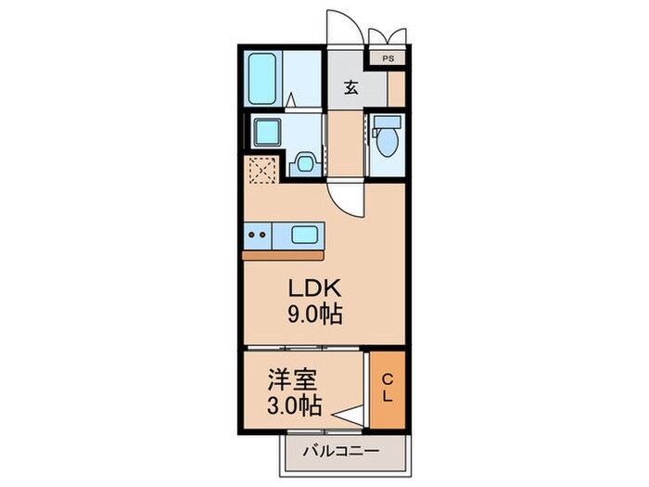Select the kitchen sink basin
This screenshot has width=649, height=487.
point(304,234)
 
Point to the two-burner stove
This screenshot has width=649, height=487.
point(259,234)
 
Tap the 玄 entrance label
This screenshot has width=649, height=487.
point(352,88)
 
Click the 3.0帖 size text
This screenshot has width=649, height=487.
point(293,405)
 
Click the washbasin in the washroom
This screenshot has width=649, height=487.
point(267,132)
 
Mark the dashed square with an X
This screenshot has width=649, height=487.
point(260,171)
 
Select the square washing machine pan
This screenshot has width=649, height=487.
point(304,164)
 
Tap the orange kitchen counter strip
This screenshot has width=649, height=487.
point(284,253)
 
